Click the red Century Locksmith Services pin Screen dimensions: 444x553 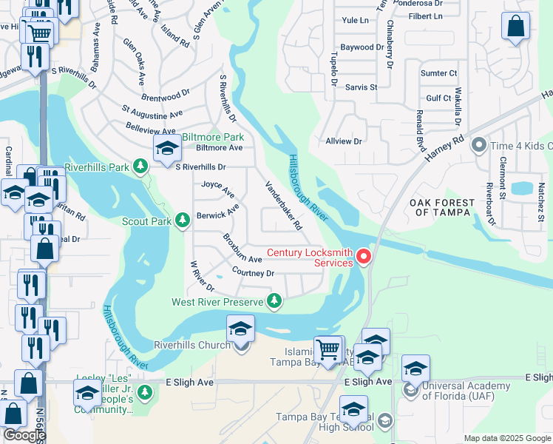pyautogui.click(x=364, y=257)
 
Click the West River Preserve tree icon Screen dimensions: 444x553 pyautogui.click(x=274, y=300)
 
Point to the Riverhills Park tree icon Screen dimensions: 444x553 pyautogui.click(x=140, y=167)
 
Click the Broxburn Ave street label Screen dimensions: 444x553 pyautogui.click(x=242, y=249)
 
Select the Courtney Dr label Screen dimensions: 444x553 pyautogui.click(x=253, y=273)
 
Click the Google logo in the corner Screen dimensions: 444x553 pyautogui.click(x=24, y=435)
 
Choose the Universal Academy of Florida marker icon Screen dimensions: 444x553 pyautogui.click(x=409, y=389)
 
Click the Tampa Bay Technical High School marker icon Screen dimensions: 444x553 pyautogui.click(x=384, y=422)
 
